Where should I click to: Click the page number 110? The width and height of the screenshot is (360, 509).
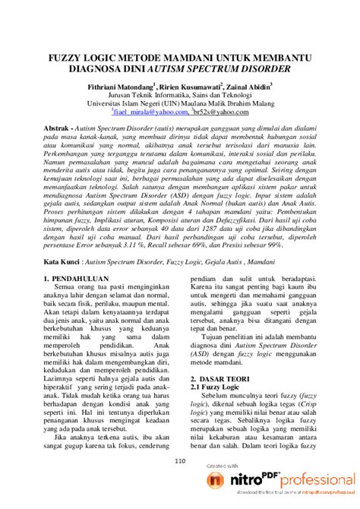pos(180,460)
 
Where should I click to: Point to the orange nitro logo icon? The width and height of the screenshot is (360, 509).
pos(216,481)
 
